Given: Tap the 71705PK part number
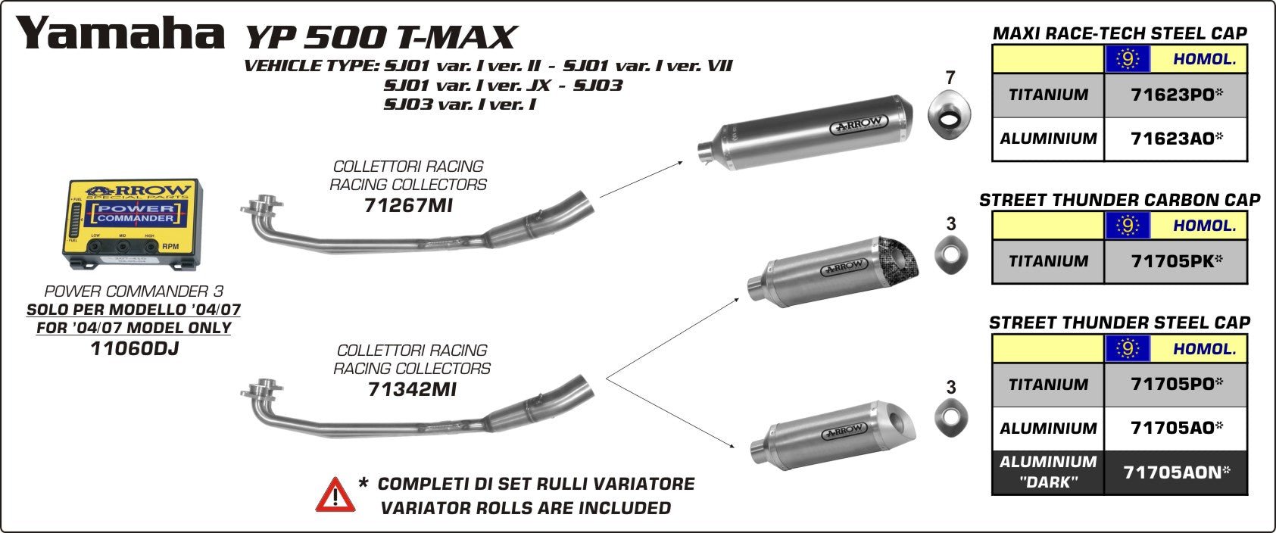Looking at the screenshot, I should pos(1176,261).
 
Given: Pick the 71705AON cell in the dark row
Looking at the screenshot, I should pos(1176,472).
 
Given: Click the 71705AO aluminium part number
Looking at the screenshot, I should pos(1176,428).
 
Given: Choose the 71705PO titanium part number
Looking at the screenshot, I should pos(1176,384).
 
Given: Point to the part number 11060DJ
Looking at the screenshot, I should pos(134,349).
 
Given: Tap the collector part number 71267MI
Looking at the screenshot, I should pos(408,205).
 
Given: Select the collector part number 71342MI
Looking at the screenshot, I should pos(412,389).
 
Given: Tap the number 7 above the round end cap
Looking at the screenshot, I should pos(950,78).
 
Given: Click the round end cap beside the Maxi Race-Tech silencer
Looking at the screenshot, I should pos(950,114).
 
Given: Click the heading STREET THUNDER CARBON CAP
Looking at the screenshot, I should pos(1119,200).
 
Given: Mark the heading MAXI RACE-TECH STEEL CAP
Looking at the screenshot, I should pos(1119,33).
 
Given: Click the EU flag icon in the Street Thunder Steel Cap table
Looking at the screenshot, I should pos(1128,348).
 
